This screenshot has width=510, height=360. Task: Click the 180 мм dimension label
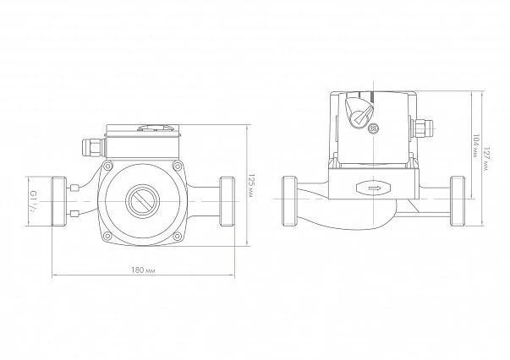[144, 270]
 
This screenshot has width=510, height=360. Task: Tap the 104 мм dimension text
[475, 145]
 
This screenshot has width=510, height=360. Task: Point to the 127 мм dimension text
[486, 160]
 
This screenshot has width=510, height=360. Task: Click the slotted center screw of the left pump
[142, 201]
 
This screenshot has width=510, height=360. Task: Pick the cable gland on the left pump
[92, 148]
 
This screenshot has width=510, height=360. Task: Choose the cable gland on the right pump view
[421, 128]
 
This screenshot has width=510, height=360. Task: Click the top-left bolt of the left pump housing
[107, 166]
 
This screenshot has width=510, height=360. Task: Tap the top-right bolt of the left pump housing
[177, 166]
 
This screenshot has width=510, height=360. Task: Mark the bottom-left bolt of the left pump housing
[107, 237]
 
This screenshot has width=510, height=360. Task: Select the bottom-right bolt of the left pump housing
[177, 237]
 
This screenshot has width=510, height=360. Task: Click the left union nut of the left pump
[59, 201]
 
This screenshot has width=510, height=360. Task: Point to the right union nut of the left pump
[227, 201]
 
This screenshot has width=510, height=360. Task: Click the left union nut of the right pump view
[289, 201]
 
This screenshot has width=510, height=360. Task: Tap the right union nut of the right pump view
[458, 201]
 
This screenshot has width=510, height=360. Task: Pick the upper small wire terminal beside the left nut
[74, 188]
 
